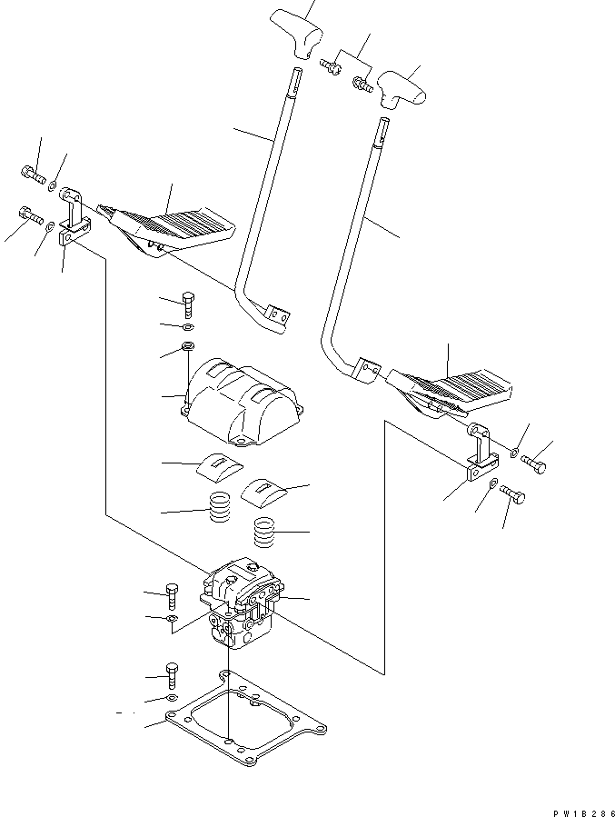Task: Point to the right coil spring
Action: click(263, 532)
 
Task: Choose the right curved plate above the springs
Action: click(263, 492)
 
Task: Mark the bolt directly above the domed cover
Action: click(188, 304)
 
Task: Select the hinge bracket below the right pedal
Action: click(476, 458)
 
